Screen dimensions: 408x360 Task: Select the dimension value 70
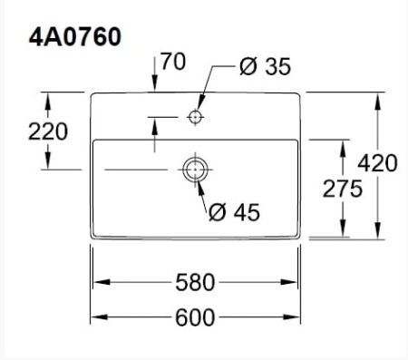tap(173, 63)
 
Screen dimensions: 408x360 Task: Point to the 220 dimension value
tap(47, 131)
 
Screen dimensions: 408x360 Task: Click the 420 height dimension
tap(377, 163)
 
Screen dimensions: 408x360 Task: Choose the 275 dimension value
tap(343, 189)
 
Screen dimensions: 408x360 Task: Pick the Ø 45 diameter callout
tap(234, 212)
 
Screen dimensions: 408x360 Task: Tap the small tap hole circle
tap(195, 117)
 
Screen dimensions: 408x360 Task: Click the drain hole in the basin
tap(195, 169)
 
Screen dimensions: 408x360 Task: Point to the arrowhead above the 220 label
tap(48, 97)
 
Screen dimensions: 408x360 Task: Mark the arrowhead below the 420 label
tap(377, 233)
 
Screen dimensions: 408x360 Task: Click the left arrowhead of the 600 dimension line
tap(97, 317)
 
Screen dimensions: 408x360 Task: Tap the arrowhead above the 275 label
tap(343, 146)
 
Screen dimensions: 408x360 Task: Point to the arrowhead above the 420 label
tap(377, 97)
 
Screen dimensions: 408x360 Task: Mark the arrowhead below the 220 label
tap(48, 164)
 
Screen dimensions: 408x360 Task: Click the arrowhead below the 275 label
tap(343, 233)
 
